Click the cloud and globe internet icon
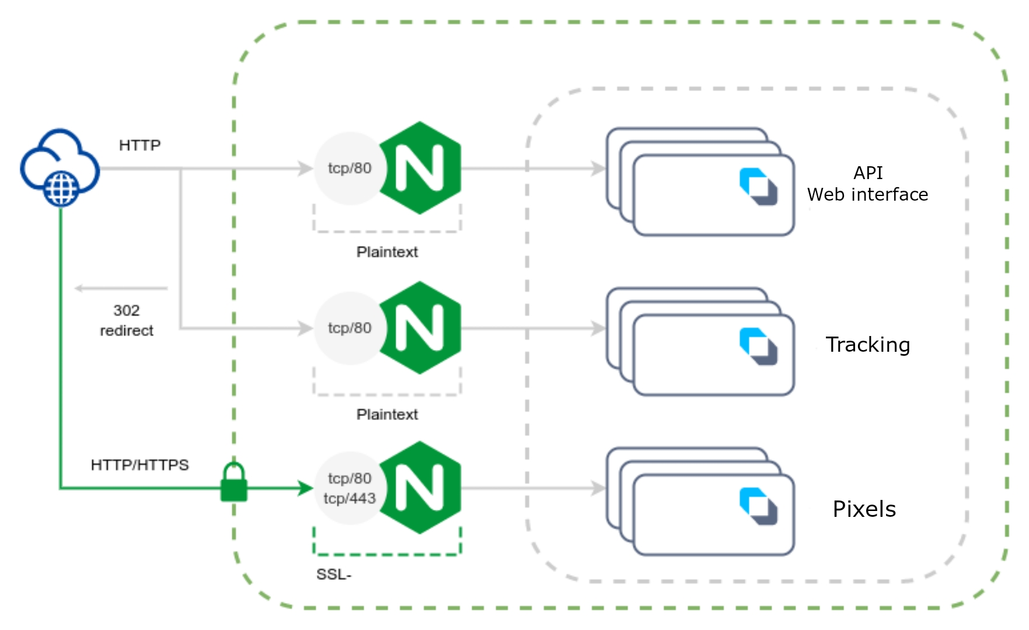[x=60, y=168]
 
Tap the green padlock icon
[x=233, y=482]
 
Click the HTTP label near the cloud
[x=139, y=145]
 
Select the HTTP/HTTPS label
[x=139, y=465]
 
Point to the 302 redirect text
[x=127, y=320]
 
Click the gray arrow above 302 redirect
[x=121, y=288]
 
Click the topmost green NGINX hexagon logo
[x=420, y=168]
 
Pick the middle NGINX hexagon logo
[x=420, y=328]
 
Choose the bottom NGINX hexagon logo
[x=420, y=488]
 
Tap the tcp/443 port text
[x=350, y=499]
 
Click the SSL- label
[x=334, y=575]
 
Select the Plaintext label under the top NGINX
[x=387, y=252]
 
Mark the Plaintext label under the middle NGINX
[x=387, y=414]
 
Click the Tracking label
[x=867, y=345]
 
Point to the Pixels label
[x=864, y=509]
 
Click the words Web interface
[x=867, y=194]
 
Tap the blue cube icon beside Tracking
[x=758, y=346]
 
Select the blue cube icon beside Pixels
[x=758, y=506]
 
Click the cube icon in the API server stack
[x=758, y=187]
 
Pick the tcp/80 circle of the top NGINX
[x=349, y=168]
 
